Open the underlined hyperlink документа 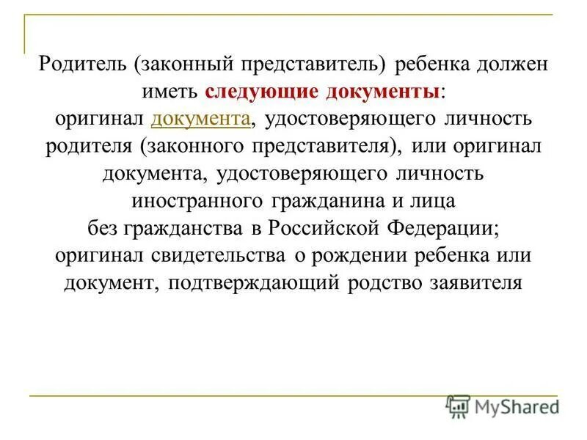(201, 119)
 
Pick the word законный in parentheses (184, 65)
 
